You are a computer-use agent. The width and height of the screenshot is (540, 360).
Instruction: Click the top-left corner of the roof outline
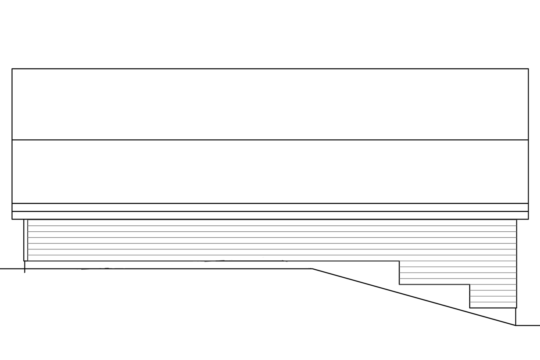point(12,69)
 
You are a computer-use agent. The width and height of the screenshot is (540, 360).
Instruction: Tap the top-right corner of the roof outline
point(528,69)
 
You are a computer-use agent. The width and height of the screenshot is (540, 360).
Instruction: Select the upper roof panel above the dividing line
point(270,104)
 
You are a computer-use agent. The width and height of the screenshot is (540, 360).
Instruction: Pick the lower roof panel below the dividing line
point(270,171)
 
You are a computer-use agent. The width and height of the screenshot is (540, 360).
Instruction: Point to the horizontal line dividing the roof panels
point(270,140)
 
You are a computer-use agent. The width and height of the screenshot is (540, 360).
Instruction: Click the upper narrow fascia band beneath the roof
point(270,207)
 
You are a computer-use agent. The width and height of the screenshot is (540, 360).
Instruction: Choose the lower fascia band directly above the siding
point(270,215)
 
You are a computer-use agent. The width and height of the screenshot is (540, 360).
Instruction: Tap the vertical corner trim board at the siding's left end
point(26,240)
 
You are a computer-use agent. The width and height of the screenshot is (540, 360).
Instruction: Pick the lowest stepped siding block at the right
point(493,296)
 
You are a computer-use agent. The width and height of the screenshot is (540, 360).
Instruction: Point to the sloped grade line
point(413,297)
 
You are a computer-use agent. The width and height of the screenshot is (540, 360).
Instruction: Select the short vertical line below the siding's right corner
point(516,317)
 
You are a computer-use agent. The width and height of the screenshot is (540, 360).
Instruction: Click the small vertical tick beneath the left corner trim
point(24,267)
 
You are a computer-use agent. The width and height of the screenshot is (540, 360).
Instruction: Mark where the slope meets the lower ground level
point(516,325)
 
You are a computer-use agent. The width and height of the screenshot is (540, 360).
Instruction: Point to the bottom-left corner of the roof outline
point(12,219)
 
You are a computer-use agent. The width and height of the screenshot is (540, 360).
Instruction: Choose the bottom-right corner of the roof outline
point(528,219)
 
